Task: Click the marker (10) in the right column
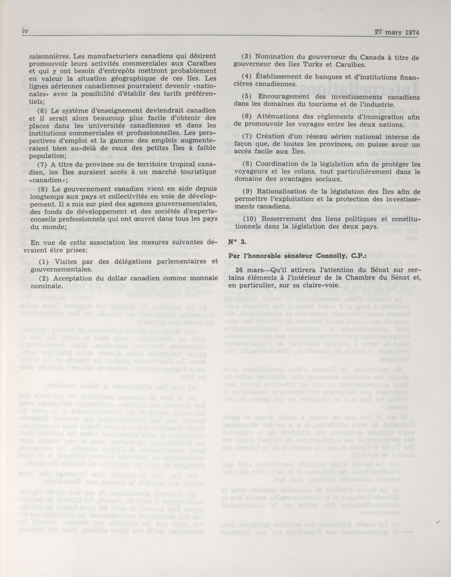click(x=249, y=219)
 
